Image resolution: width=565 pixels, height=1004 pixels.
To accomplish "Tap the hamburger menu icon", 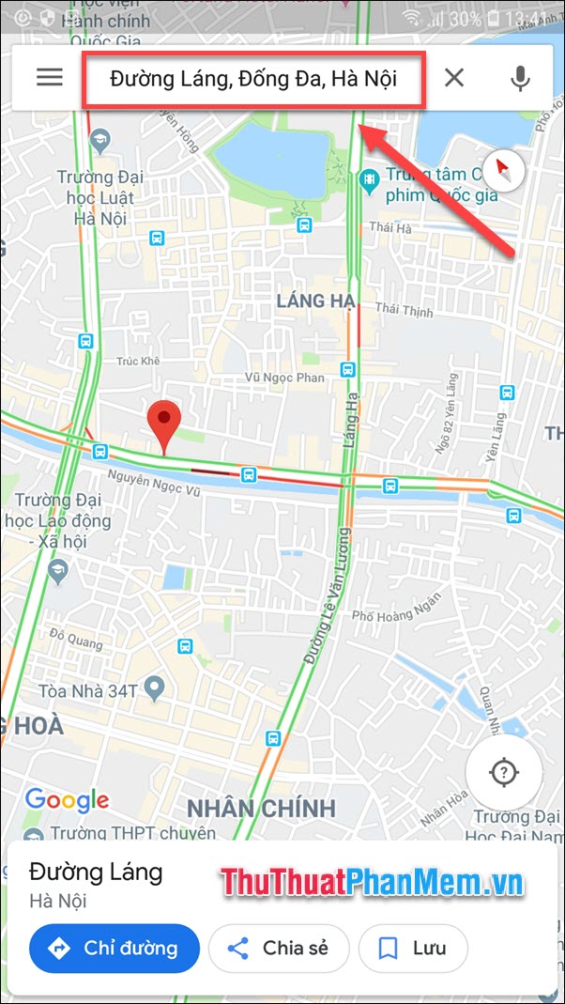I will click(50, 77).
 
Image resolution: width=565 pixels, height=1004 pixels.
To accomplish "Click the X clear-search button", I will click(454, 77).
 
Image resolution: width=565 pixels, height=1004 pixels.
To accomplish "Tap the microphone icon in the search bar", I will click(520, 77).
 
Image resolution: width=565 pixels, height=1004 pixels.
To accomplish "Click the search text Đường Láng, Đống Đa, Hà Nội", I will click(253, 78).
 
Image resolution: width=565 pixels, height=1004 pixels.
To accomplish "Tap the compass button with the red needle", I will click(504, 170).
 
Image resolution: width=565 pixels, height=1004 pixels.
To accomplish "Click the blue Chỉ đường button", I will click(115, 948).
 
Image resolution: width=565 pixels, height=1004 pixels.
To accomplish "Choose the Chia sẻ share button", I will click(279, 948).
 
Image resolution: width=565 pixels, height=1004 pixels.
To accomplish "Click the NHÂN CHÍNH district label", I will click(261, 808).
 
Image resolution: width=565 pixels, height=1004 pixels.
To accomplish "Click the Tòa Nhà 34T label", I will click(88, 691).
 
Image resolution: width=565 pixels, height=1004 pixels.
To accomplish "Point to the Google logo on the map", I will click(67, 800).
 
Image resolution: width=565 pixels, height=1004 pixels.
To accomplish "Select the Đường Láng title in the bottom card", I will click(96, 872).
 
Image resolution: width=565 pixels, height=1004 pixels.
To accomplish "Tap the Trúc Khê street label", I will click(138, 361).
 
